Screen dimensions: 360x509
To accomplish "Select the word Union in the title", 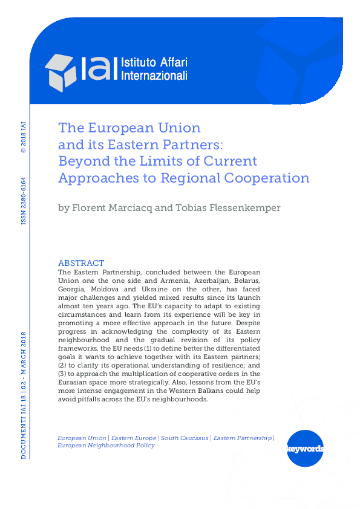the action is click(x=180, y=128).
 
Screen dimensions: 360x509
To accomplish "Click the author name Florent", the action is click(x=96, y=208).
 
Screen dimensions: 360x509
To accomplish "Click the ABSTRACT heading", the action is click(x=81, y=263).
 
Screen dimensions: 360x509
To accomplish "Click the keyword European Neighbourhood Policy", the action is click(x=106, y=446).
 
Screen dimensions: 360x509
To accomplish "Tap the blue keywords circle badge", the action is click(x=305, y=449).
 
